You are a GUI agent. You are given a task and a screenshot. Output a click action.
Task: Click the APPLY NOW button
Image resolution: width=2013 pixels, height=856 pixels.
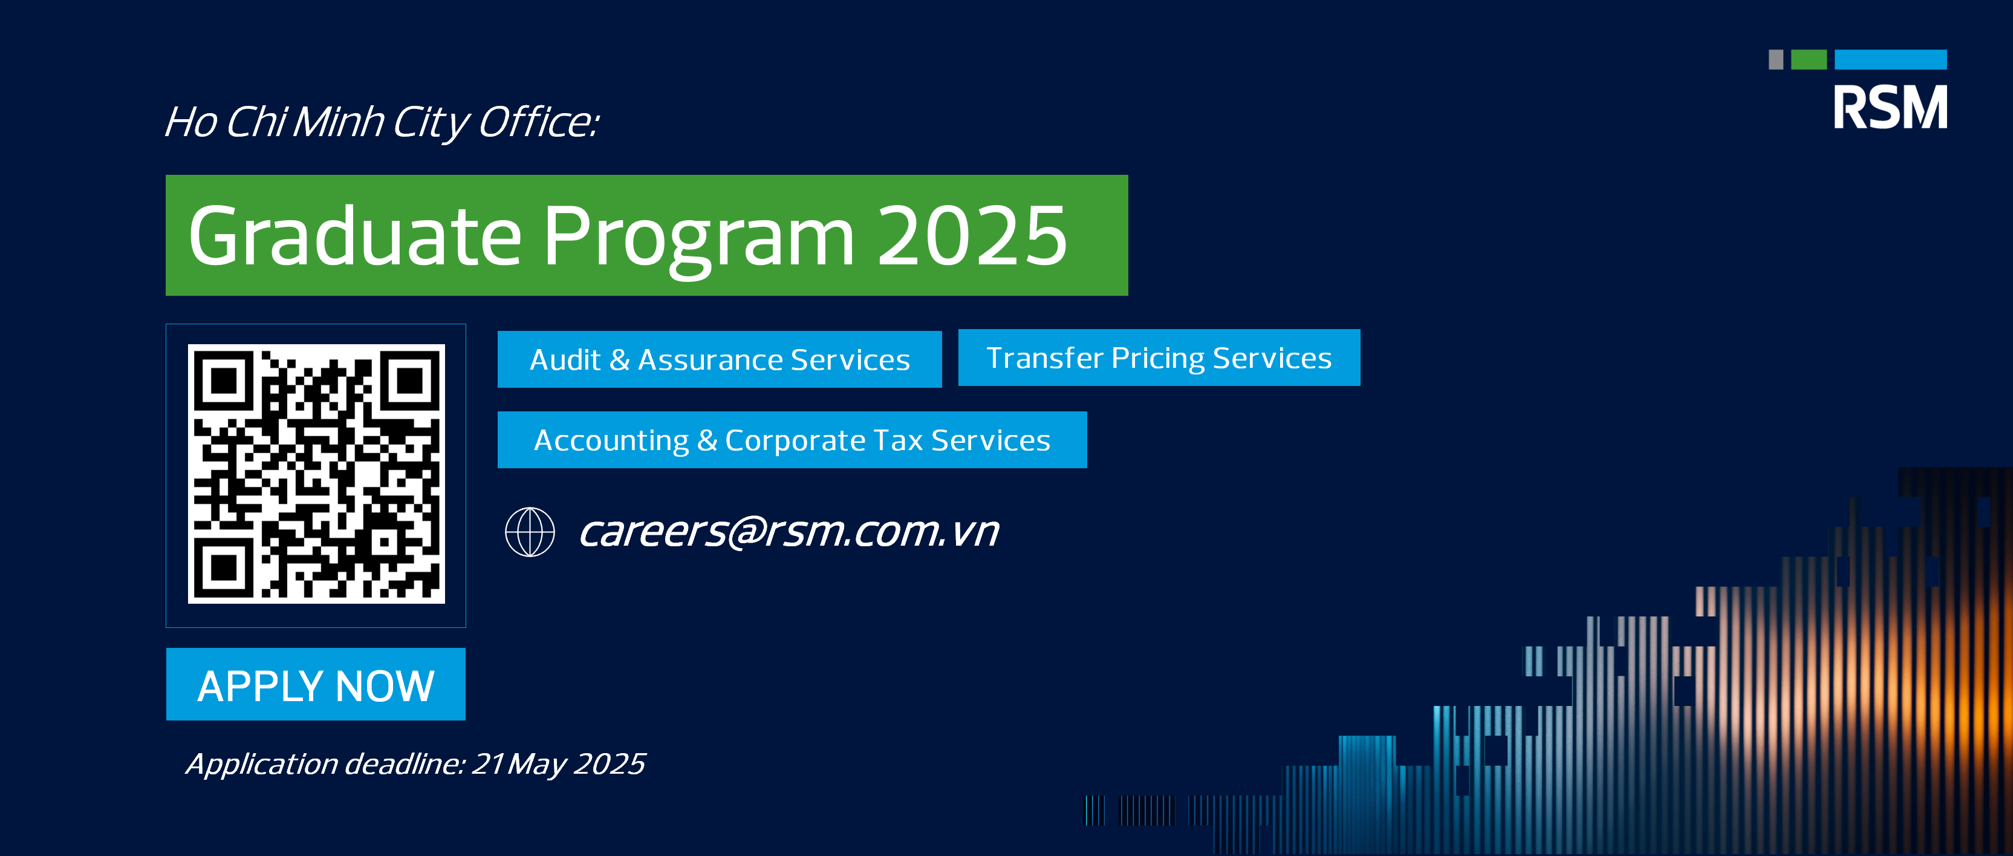pyautogui.click(x=316, y=684)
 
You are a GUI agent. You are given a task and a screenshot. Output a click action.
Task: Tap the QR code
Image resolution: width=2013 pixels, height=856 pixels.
pyautogui.click(x=316, y=474)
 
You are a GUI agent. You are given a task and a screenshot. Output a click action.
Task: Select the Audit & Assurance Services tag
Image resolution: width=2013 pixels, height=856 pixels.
pyautogui.click(x=720, y=359)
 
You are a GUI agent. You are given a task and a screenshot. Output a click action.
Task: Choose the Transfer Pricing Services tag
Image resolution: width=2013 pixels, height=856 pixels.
pyautogui.click(x=1159, y=358)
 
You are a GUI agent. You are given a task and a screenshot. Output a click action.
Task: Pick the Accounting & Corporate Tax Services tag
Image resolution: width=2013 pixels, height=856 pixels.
pyautogui.click(x=792, y=440)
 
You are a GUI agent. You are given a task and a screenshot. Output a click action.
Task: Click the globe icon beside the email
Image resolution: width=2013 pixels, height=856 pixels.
pyautogui.click(x=530, y=532)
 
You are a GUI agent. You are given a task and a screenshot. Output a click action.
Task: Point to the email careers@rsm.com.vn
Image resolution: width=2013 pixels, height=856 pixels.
pyautogui.click(x=789, y=532)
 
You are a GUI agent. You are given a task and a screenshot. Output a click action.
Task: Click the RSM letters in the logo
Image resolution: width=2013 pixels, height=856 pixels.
pyautogui.click(x=1890, y=107)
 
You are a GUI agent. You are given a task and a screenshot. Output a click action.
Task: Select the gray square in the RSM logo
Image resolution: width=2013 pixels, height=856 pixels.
pyautogui.click(x=1776, y=59)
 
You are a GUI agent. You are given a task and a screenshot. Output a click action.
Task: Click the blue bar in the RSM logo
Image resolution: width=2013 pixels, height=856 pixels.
pyautogui.click(x=1890, y=59)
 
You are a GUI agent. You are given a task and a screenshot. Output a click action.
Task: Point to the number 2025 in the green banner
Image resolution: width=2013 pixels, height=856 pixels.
pyautogui.click(x=972, y=235)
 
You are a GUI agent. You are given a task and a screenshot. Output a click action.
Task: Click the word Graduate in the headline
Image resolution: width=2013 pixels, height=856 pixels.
pyautogui.click(x=355, y=235)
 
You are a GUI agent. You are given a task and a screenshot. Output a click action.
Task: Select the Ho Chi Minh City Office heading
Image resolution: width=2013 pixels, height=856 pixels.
pyautogui.click(x=382, y=123)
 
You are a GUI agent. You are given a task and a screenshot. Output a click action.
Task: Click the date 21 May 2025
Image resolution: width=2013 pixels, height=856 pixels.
pyautogui.click(x=559, y=765)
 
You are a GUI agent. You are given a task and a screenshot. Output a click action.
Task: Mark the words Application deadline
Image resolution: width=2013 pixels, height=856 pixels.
pyautogui.click(x=325, y=765)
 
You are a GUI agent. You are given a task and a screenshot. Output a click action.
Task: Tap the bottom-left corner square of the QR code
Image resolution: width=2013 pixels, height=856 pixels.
pyautogui.click(x=224, y=567)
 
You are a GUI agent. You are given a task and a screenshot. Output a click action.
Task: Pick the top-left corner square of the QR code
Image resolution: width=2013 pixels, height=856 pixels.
pyautogui.click(x=224, y=381)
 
